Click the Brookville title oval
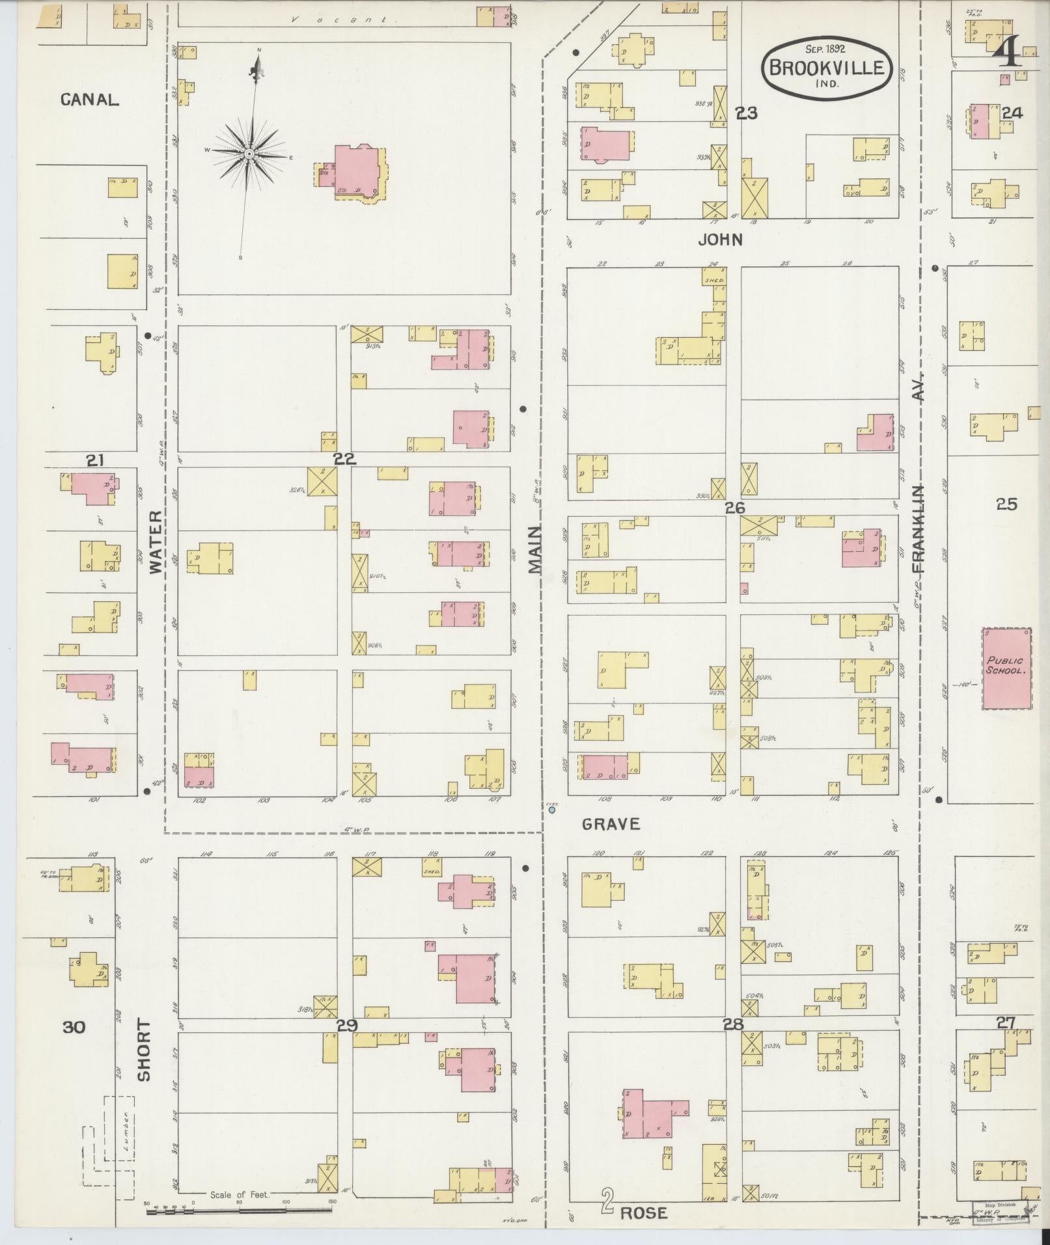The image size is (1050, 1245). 827,67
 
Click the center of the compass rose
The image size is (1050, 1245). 249,154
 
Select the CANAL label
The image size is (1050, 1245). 90,100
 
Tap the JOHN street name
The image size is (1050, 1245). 720,240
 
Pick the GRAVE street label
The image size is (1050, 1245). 611,824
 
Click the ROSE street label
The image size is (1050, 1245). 643,1213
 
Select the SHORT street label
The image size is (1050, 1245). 144,1059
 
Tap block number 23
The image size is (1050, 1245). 747,113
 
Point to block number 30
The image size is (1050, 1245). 74,1027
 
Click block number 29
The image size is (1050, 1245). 346,1026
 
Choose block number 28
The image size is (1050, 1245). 733,1024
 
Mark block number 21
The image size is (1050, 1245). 95,461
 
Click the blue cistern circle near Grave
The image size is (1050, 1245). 552,810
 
